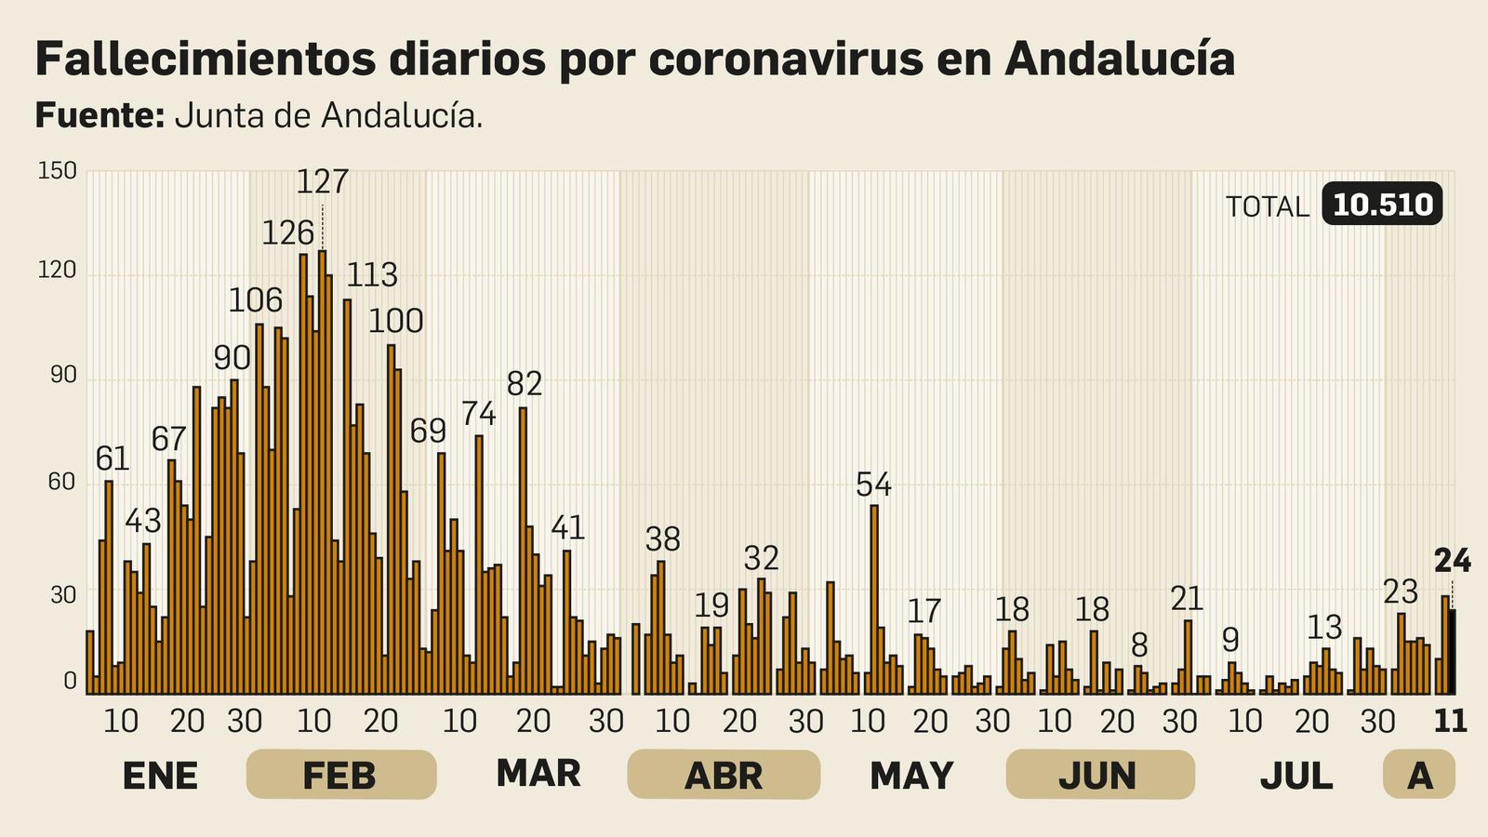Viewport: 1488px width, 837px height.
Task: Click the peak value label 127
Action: click(x=322, y=181)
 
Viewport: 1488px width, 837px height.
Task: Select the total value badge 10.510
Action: click(x=1382, y=205)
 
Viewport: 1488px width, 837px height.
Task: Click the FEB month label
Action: click(x=340, y=775)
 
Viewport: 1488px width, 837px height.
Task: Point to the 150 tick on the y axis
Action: click(x=57, y=171)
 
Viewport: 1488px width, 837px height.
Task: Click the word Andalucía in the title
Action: click(x=1120, y=60)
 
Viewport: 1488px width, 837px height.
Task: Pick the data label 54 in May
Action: click(x=873, y=485)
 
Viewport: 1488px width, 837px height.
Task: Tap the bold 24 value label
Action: click(x=1452, y=561)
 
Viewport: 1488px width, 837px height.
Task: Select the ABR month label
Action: click(x=724, y=775)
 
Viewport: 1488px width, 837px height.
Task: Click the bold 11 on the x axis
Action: click(x=1450, y=721)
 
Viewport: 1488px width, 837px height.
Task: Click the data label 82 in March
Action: click(x=524, y=383)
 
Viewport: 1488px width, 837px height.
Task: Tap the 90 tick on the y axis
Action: click(x=62, y=376)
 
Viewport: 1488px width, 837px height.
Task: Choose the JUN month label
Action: click(x=1099, y=775)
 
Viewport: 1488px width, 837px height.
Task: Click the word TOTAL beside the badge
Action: click(x=1267, y=206)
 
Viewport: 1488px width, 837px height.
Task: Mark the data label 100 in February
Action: click(x=395, y=321)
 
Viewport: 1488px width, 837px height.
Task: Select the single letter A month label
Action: click(x=1419, y=775)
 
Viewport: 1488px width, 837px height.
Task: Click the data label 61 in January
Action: click(x=113, y=458)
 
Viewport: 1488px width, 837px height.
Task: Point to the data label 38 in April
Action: click(x=663, y=539)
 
